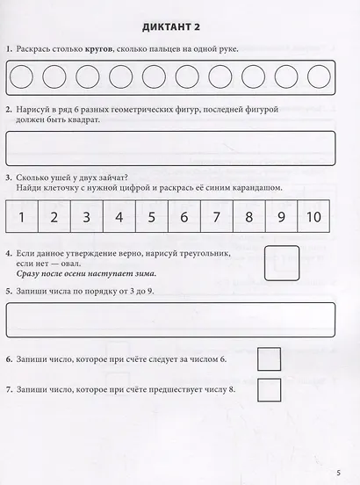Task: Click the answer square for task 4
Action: [281, 263]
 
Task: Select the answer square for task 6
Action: [269, 358]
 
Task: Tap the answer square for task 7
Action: [269, 390]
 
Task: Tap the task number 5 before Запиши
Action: [8, 290]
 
